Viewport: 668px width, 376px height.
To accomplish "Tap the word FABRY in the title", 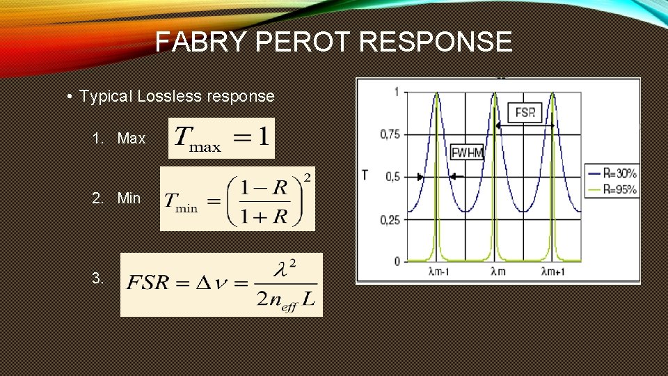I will pos(202,42).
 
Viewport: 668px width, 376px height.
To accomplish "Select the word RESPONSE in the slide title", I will pos(436,42).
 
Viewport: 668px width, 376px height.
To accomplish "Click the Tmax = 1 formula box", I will pos(221,137).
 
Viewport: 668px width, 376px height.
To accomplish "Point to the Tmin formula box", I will pos(237,198).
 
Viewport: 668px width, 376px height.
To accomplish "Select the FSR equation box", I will pos(221,284).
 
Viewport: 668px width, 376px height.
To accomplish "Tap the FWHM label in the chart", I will pos(467,152).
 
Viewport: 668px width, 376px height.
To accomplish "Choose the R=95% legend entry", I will pos(612,189).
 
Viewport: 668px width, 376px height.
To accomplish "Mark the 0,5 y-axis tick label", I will pos(392,177).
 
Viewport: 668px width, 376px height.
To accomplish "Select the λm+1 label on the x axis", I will pos(555,272).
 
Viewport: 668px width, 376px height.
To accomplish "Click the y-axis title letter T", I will pos(365,174).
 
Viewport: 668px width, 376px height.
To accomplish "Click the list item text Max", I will pos(132,139).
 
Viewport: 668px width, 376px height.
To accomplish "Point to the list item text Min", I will pos(129,198).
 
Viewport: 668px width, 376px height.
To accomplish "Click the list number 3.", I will pos(97,279).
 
